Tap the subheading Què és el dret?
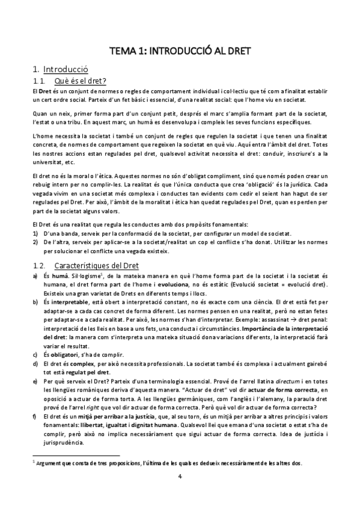click(80, 81)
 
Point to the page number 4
click(180, 477)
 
